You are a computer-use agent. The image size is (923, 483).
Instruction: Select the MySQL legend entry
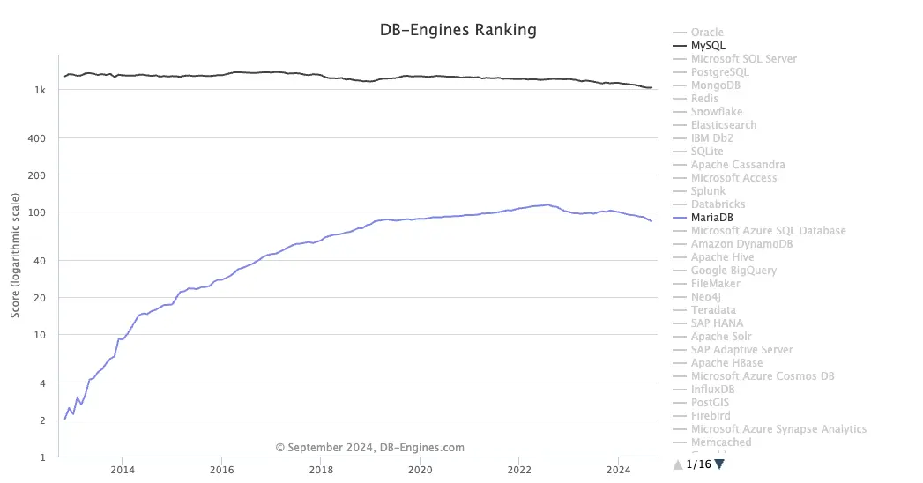coord(708,46)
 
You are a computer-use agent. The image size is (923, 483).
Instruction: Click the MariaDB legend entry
coord(713,218)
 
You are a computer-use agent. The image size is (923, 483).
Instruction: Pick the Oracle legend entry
coord(707,33)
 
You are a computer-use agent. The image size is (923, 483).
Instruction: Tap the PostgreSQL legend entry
coord(719,72)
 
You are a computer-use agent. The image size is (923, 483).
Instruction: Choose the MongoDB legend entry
coord(715,85)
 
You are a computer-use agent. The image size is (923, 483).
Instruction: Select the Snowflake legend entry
coord(717,112)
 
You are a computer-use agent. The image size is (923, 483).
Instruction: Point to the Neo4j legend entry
coord(706,297)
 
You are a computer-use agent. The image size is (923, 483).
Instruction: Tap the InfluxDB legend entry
coord(712,390)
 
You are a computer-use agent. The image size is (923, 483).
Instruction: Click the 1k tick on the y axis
coord(41,90)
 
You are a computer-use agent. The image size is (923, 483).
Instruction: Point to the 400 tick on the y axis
coord(38,138)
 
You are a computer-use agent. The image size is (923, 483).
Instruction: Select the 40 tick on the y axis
coord(41,260)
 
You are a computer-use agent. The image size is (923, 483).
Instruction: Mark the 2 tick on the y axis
coord(43,420)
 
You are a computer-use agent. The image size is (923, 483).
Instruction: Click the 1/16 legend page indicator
coord(697,464)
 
